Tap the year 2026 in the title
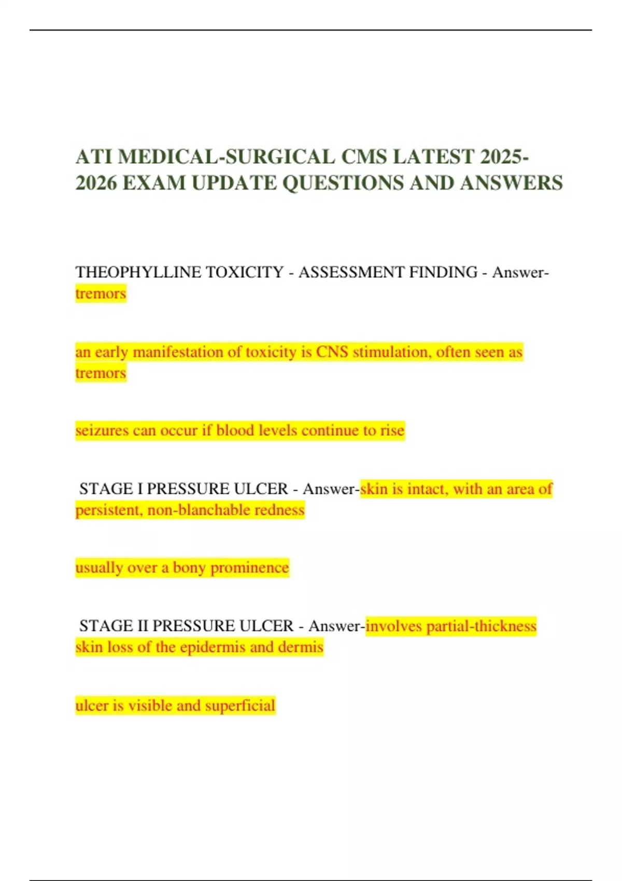(96, 183)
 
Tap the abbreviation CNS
(332, 352)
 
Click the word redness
(279, 510)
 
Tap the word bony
(189, 567)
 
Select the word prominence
(249, 567)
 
